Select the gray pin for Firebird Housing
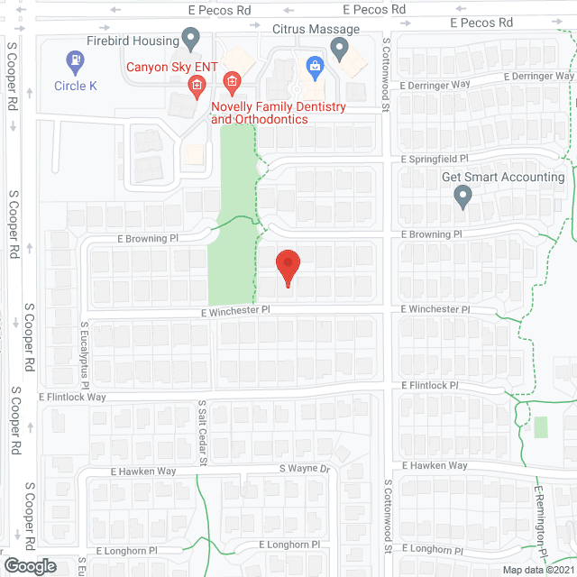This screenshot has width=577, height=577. click(x=190, y=39)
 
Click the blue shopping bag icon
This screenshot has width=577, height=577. click(x=314, y=64)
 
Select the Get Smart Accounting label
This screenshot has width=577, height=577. click(x=503, y=177)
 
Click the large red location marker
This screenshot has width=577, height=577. click(x=288, y=267)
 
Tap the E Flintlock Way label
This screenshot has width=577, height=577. click(x=72, y=397)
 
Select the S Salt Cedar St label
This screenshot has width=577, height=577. click(x=203, y=434)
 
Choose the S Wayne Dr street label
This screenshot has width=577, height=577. click(x=307, y=469)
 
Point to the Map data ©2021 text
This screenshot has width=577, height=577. click(x=537, y=570)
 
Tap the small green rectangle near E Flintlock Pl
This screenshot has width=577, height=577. click(x=540, y=426)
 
